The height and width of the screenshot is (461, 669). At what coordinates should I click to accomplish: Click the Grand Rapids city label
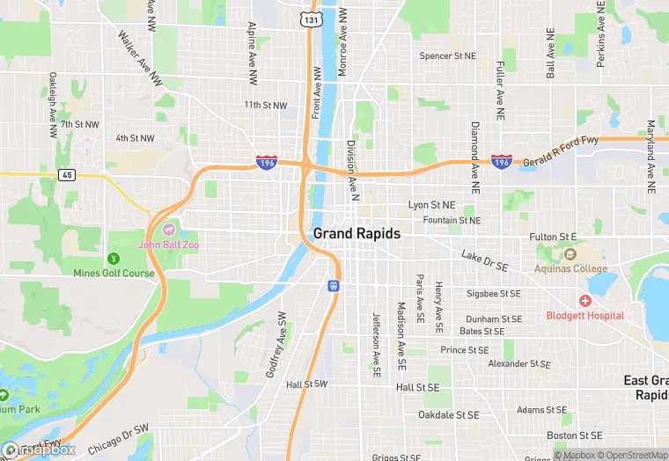click(x=357, y=234)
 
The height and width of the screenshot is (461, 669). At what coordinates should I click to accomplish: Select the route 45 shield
click(x=68, y=174)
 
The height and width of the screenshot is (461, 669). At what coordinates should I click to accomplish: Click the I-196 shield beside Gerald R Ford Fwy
click(x=502, y=163)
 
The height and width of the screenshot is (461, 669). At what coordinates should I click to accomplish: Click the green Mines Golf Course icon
click(x=113, y=259)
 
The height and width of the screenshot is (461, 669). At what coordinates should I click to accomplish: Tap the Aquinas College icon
click(x=568, y=255)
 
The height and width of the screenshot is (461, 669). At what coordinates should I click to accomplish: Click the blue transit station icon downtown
click(x=334, y=285)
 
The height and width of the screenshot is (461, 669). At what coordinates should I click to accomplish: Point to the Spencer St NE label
click(x=447, y=56)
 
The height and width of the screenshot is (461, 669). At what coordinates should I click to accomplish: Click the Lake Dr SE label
click(x=485, y=260)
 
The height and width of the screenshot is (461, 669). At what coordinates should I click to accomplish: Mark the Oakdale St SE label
click(x=449, y=414)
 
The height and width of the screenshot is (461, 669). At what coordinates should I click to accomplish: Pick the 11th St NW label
click(x=266, y=106)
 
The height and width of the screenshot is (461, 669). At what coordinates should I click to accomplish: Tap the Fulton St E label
click(x=553, y=238)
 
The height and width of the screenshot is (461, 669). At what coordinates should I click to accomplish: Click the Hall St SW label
click(x=306, y=384)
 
